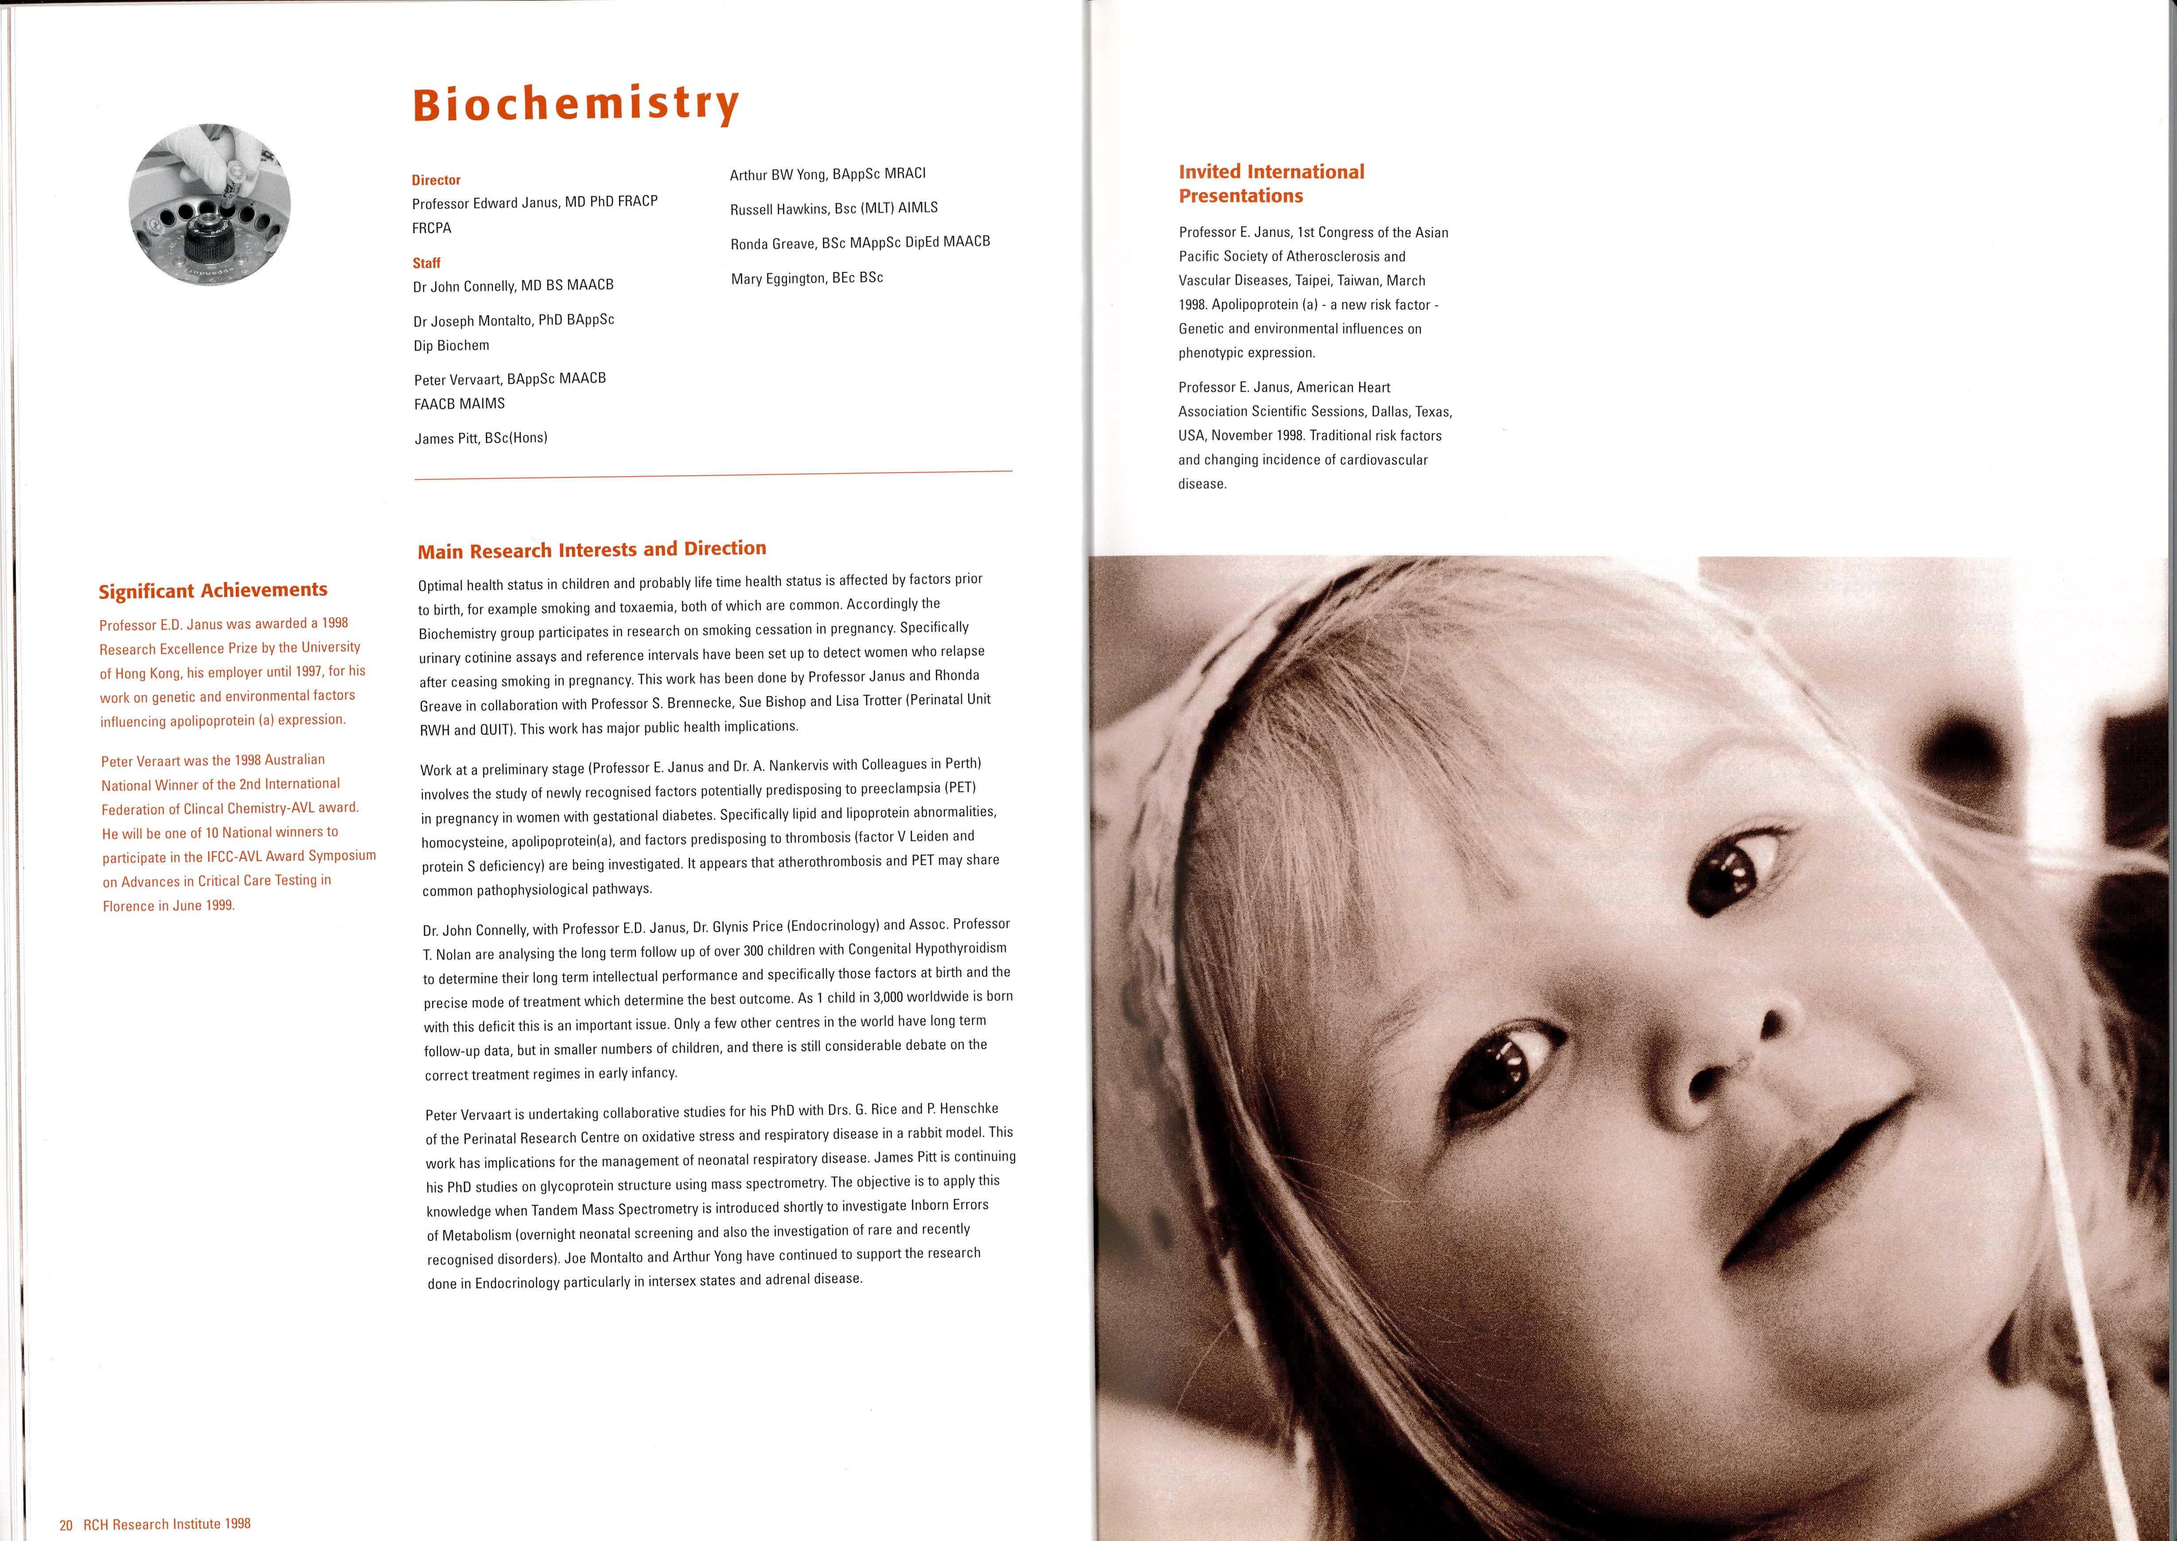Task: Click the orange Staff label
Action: [426, 263]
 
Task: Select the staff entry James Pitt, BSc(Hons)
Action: [481, 438]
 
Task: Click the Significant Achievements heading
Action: [214, 590]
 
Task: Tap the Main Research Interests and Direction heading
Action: [592, 550]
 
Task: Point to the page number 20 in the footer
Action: [66, 1524]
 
